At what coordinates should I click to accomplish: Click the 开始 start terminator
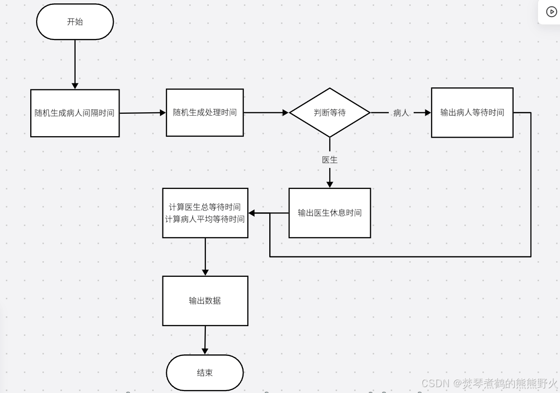tap(75, 22)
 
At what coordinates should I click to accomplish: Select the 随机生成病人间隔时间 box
tap(75, 113)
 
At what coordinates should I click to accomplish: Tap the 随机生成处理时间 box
tap(204, 112)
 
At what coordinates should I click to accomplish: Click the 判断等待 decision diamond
tap(330, 113)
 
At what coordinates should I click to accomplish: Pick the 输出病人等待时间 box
tap(472, 113)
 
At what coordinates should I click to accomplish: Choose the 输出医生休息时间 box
tap(330, 213)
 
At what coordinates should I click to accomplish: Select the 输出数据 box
tap(205, 301)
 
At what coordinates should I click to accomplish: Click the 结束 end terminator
tap(204, 373)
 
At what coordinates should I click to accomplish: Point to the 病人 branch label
tap(401, 113)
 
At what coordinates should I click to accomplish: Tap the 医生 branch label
tap(330, 160)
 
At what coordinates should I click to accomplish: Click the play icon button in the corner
tap(551, 12)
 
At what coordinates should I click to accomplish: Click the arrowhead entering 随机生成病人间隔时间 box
tap(75, 86)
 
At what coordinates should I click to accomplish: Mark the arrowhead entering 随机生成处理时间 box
tap(163, 113)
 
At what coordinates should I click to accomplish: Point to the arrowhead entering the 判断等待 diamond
tap(286, 113)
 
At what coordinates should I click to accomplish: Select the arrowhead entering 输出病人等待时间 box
tap(428, 113)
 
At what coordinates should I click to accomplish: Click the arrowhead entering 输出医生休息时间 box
tap(330, 185)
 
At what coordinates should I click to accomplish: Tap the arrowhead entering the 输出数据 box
tap(205, 272)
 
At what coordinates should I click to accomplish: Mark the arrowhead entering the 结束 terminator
tap(205, 351)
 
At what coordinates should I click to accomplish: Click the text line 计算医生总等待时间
tap(205, 207)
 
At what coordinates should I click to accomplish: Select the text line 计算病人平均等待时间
tap(205, 219)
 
